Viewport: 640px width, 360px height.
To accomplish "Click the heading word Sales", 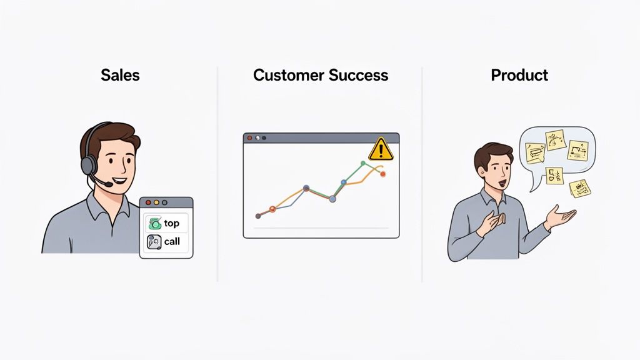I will coord(120,76).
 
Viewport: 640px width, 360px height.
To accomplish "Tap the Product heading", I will coord(519,76).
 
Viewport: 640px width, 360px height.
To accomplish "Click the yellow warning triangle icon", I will coord(380,149).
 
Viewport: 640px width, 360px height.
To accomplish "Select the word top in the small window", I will coord(171,223).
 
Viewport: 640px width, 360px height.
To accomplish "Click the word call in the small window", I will coord(171,241).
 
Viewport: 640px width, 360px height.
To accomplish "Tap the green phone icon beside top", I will coord(153,223).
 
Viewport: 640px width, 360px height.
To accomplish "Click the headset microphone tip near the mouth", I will coord(109,184).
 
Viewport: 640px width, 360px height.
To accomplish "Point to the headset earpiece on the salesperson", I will coord(89,164).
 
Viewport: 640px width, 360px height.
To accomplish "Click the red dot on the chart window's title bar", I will coord(250,137).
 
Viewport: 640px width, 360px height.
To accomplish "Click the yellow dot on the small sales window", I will coord(156,202).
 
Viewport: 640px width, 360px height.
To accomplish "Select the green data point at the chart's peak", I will coord(362,163).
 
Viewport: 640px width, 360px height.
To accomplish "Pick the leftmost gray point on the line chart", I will coord(257,216).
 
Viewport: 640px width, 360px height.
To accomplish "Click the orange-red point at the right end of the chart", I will coord(383,174).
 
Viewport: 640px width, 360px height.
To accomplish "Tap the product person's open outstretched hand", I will coord(560,217).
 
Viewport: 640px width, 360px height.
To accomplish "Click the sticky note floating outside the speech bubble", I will coord(579,187).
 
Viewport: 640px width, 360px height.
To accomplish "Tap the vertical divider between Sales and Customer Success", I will coord(217,175).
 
